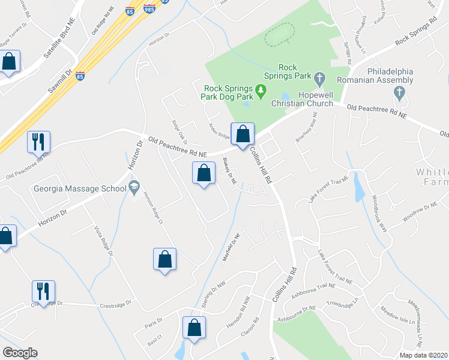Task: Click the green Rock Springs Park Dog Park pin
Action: point(261,91)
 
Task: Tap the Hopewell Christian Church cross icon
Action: point(319,78)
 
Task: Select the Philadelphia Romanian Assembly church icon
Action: point(399,92)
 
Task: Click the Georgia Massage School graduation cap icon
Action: point(133,188)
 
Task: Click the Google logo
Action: point(20,353)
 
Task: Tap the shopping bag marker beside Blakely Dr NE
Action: point(204,173)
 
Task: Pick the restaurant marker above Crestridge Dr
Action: point(43,292)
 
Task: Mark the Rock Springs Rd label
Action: point(416,35)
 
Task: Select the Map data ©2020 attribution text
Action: point(423,355)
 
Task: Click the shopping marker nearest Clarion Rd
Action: point(194,328)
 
